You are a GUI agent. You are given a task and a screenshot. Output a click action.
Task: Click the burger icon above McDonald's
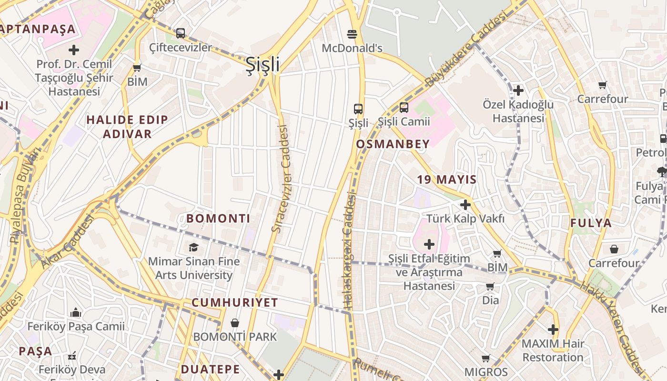pyautogui.click(x=352, y=34)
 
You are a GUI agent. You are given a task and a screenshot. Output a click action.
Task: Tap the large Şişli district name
pyautogui.click(x=262, y=64)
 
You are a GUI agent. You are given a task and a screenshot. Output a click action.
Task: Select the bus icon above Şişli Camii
pyautogui.click(x=404, y=107)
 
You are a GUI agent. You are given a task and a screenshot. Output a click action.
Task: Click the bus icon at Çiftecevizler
pyautogui.click(x=180, y=33)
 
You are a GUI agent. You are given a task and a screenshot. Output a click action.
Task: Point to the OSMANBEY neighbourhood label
pyautogui.click(x=393, y=144)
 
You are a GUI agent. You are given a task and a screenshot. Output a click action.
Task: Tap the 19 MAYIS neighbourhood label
pyautogui.click(x=447, y=180)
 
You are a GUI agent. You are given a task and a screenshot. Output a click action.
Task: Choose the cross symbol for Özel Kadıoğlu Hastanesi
pyautogui.click(x=518, y=90)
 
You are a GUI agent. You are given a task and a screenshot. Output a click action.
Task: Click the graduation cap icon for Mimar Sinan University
pyautogui.click(x=193, y=247)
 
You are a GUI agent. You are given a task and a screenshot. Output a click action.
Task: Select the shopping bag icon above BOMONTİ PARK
pyautogui.click(x=234, y=323)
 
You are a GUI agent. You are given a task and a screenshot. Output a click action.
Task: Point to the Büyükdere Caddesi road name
pyautogui.click(x=465, y=50)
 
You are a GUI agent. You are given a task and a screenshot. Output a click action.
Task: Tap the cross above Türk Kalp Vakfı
pyautogui.click(x=465, y=205)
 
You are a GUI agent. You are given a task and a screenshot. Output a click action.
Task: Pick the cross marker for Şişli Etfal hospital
pyautogui.click(x=429, y=245)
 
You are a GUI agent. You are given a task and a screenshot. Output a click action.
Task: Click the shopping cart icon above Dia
pyautogui.click(x=490, y=286)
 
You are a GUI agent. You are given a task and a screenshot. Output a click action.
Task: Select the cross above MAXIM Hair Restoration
pyautogui.click(x=553, y=329)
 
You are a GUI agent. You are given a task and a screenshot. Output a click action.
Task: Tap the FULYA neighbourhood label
pyautogui.click(x=591, y=223)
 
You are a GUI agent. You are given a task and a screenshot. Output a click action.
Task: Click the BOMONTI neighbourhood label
pyautogui.click(x=218, y=219)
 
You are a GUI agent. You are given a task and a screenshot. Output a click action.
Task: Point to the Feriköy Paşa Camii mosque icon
pyautogui.click(x=75, y=313)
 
